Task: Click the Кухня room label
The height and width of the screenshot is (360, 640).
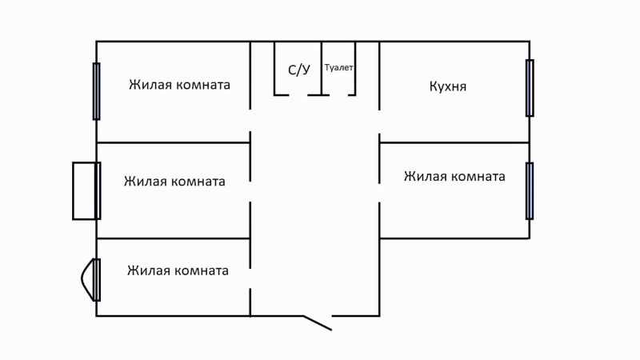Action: (x=448, y=86)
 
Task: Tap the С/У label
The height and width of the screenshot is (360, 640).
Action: (x=299, y=70)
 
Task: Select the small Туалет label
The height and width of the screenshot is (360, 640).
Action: (x=338, y=68)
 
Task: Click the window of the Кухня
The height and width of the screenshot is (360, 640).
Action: (x=530, y=87)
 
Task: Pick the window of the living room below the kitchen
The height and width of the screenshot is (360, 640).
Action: (x=530, y=190)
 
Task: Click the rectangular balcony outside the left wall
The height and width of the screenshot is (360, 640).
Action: (x=85, y=190)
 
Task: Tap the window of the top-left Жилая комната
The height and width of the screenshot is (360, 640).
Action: (x=96, y=91)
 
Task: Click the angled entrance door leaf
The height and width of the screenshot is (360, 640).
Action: (x=317, y=322)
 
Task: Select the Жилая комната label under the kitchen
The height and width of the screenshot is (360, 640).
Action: (x=454, y=177)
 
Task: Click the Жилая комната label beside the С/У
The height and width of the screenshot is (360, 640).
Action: (x=180, y=85)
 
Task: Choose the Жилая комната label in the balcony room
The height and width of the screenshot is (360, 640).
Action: (x=174, y=182)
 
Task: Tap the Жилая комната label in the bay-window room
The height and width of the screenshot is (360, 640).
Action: (x=178, y=270)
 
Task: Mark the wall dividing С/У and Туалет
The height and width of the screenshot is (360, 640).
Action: (x=322, y=68)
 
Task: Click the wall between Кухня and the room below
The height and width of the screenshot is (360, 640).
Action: (x=454, y=142)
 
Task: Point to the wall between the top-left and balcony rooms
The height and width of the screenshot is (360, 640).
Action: (x=173, y=142)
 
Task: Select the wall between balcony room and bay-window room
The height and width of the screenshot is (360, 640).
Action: (x=173, y=238)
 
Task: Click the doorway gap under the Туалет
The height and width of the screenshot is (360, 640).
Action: (x=340, y=95)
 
